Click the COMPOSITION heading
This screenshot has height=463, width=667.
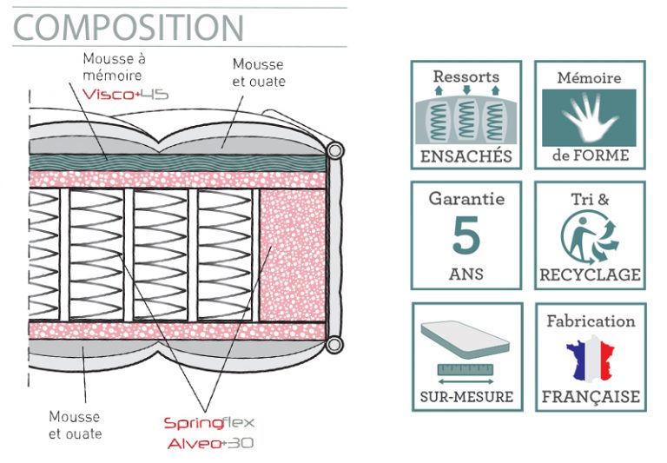129,28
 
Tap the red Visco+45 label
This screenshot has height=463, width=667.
125,94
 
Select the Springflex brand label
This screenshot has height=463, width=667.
208,423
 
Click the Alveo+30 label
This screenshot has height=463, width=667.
210,443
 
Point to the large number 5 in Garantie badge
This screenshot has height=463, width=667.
466,235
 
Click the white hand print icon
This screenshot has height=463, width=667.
589,116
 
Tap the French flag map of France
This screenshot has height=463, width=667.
591,358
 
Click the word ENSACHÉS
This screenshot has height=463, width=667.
466,156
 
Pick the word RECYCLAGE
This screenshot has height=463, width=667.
590,274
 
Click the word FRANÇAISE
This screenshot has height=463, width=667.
591,397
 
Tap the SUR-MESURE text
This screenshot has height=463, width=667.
466,397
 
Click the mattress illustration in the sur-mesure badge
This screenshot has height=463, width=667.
465,339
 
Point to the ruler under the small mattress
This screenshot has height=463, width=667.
466,369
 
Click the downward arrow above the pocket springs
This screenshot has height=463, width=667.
466,89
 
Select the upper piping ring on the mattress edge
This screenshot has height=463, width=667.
335,150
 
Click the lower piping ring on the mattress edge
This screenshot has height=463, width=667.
334,344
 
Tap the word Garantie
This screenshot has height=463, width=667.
466,199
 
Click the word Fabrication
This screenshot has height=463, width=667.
591,321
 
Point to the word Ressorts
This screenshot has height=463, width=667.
466,76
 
